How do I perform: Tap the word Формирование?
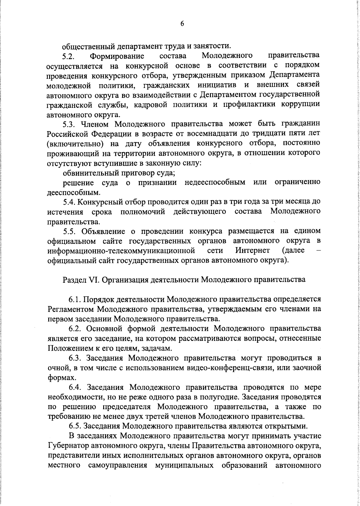[x=117, y=56]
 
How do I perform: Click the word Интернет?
[x=253, y=250]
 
